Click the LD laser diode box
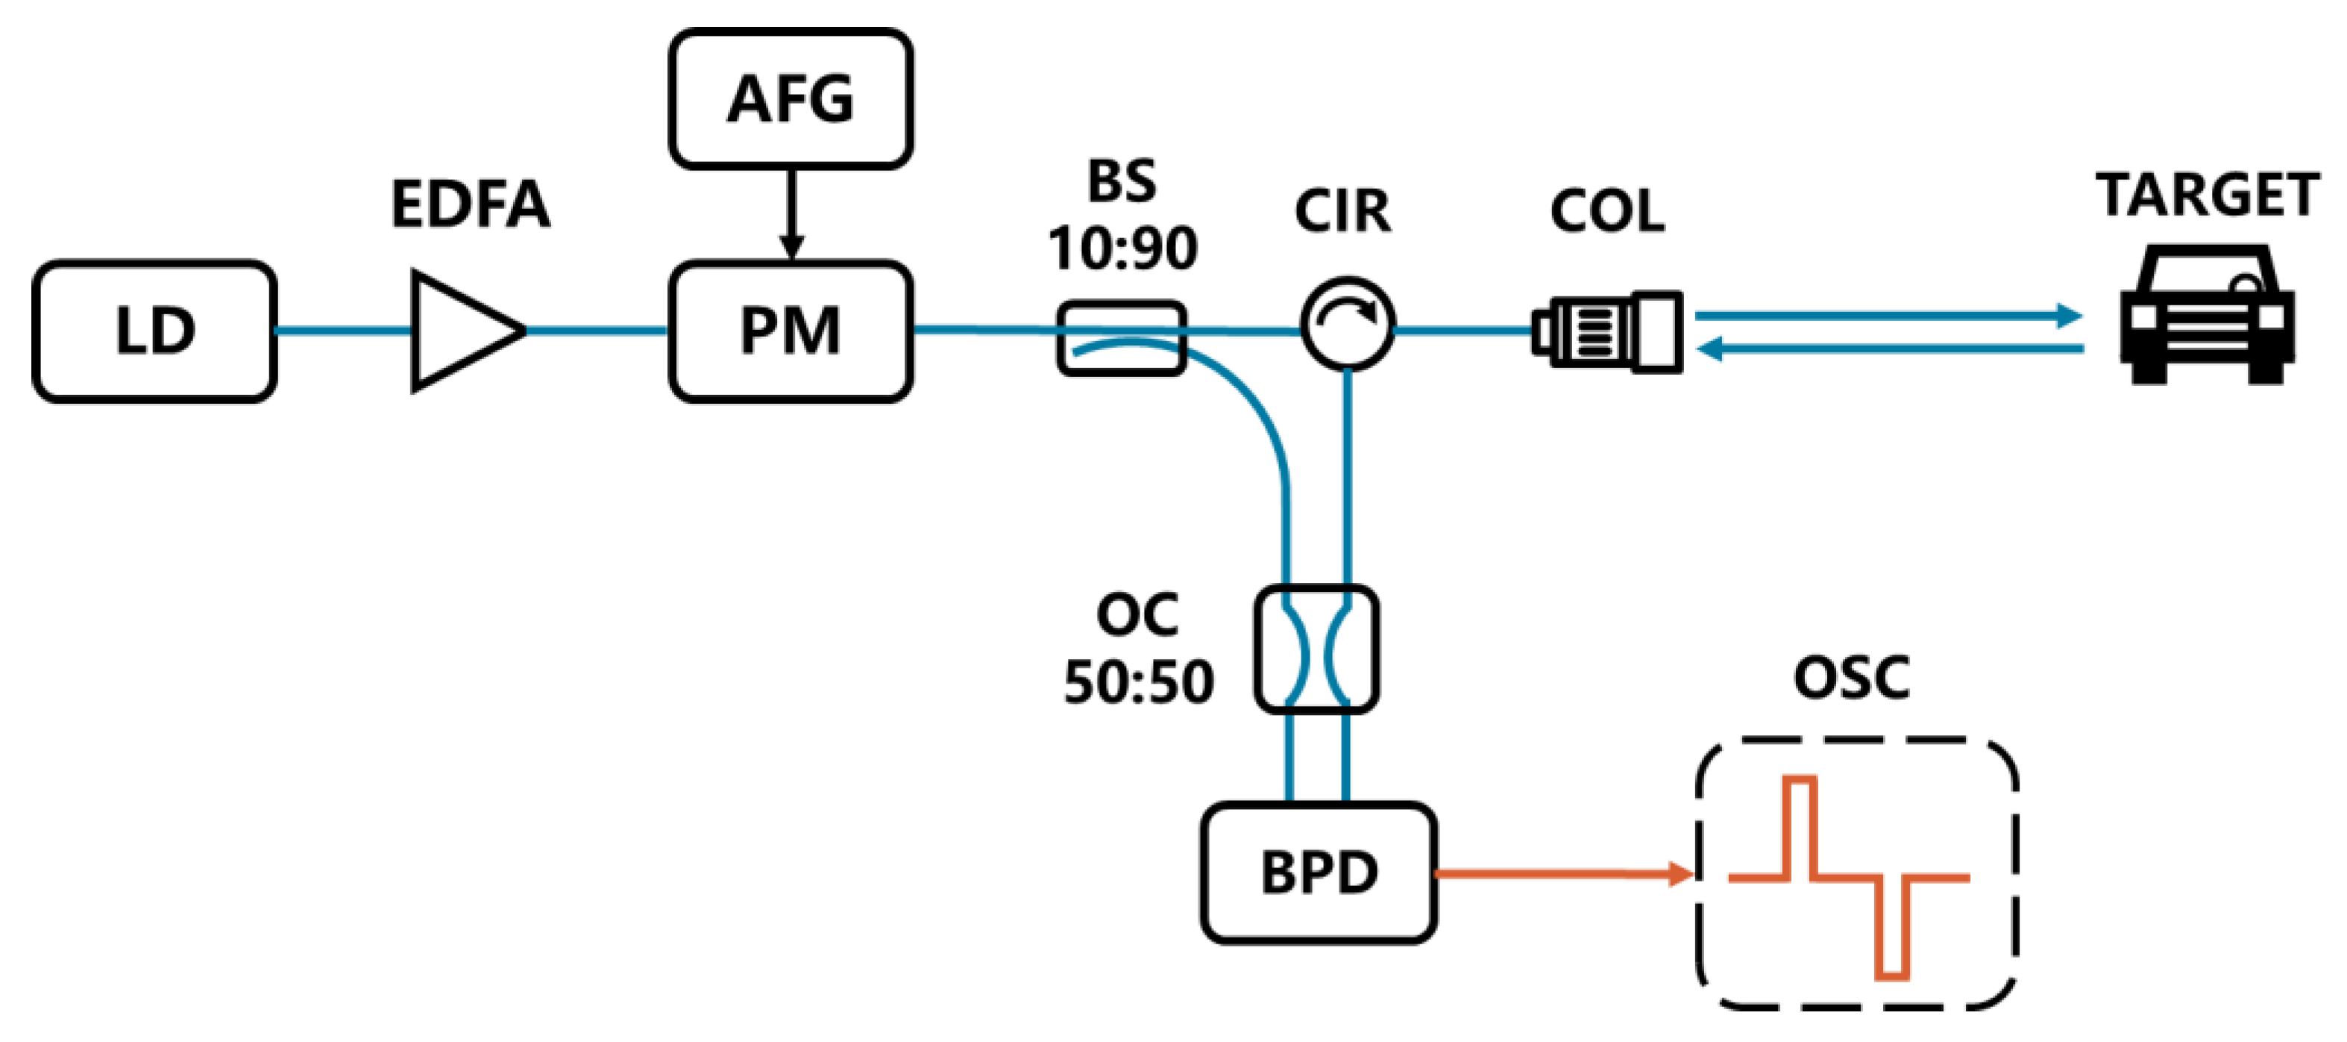click(155, 331)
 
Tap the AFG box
click(791, 99)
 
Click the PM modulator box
click(791, 331)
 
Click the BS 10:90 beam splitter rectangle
click(1122, 337)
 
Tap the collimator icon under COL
click(1608, 331)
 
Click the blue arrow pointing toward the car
click(1886, 316)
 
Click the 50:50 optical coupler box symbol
click(1316, 648)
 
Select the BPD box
click(1319, 873)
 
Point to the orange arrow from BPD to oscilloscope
click(1562, 873)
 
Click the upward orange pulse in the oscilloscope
click(1800, 825)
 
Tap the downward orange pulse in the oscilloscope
click(1891, 928)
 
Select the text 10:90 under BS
click(1122, 248)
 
